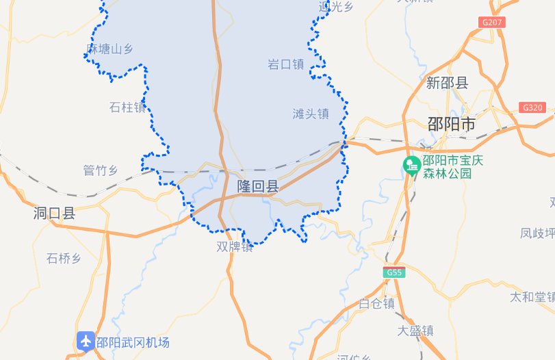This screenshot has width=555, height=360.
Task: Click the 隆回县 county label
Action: tap(258, 186)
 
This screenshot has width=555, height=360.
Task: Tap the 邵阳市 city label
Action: tap(450, 125)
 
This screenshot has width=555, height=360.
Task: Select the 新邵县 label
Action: tap(447, 83)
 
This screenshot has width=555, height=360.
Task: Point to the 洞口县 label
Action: tap(54, 214)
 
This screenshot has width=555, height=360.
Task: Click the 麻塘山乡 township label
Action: tap(109, 49)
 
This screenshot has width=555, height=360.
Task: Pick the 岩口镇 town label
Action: tap(285, 64)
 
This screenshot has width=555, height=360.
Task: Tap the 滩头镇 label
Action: tap(311, 114)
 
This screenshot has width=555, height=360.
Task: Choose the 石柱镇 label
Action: tap(127, 107)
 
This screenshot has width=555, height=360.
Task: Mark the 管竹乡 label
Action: tap(101, 170)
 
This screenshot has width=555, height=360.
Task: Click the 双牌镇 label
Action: tap(235, 246)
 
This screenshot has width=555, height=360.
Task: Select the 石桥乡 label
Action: tap(64, 258)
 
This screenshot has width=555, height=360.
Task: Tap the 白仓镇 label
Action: tap(376, 303)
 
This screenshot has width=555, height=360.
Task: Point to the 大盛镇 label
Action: tap(415, 330)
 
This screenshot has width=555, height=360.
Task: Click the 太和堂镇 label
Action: tap(532, 297)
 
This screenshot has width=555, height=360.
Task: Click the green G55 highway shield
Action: tap(394, 272)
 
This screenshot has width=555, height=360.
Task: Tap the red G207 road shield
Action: tap(493, 22)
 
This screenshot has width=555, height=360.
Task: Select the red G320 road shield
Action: tap(532, 107)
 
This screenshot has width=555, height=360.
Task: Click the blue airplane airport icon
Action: tap(86, 341)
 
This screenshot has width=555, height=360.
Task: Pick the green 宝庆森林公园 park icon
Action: tap(412, 165)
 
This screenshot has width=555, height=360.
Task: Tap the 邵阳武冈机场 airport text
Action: tap(133, 343)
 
